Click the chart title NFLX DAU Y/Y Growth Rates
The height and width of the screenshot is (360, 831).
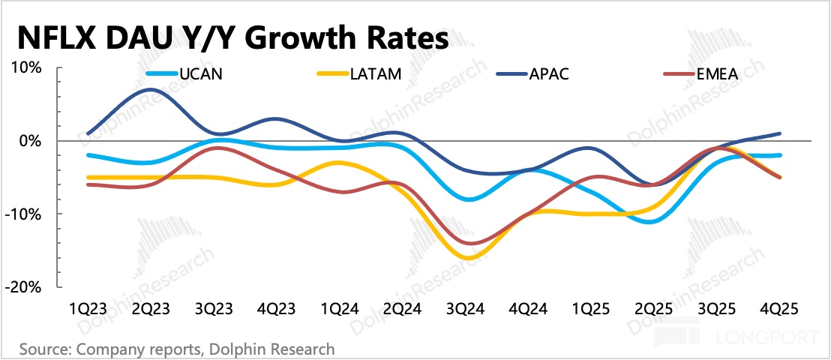232,37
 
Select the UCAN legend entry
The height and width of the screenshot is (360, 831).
201,74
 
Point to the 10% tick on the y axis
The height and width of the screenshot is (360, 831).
28,68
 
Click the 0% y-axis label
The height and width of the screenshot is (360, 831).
31,141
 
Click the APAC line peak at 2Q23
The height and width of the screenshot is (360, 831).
151,89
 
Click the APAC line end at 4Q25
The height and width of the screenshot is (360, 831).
781,133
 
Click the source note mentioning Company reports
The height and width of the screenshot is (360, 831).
177,349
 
